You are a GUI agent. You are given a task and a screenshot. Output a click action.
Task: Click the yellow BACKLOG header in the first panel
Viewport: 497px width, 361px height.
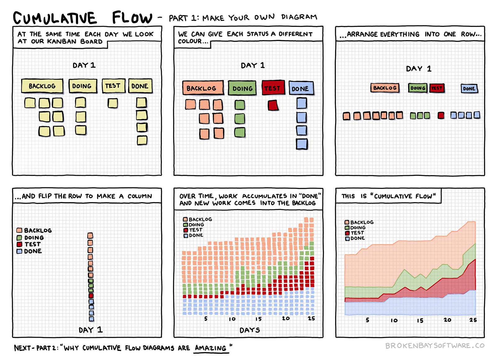click(x=42, y=86)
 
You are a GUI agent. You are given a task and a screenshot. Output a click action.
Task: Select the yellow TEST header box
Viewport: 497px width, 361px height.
click(x=113, y=86)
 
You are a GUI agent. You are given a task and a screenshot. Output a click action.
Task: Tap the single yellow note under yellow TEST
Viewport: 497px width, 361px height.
click(x=113, y=103)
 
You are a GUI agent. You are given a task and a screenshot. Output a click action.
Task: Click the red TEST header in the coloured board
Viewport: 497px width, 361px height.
click(x=273, y=88)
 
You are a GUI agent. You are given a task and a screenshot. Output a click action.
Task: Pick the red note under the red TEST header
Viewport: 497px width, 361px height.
click(x=273, y=105)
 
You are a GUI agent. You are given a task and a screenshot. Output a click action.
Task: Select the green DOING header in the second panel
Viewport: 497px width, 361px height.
click(x=242, y=88)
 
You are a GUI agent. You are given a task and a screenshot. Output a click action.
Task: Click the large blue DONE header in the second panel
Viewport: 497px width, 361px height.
click(x=301, y=88)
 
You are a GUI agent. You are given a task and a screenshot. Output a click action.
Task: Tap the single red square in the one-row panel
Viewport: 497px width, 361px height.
click(x=441, y=115)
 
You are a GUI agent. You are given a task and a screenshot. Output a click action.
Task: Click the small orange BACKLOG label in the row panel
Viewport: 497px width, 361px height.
click(x=385, y=88)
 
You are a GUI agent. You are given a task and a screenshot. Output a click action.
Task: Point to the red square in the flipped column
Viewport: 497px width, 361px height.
click(x=91, y=296)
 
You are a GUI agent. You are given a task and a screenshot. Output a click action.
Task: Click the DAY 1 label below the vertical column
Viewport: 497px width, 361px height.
click(x=90, y=330)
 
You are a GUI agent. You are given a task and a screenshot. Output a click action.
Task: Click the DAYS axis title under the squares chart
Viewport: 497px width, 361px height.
click(x=250, y=330)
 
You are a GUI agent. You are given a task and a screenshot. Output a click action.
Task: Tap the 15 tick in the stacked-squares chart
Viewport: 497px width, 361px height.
click(x=258, y=319)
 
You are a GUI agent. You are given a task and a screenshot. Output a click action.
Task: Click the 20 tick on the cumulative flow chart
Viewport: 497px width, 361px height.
click(x=447, y=320)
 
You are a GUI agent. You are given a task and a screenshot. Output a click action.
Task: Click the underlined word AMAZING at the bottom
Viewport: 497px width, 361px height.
click(x=211, y=348)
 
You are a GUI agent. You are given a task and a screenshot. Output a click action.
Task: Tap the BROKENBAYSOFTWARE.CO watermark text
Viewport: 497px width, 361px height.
click(x=435, y=346)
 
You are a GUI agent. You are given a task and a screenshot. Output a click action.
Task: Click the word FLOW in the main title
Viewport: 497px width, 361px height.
click(x=132, y=18)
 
